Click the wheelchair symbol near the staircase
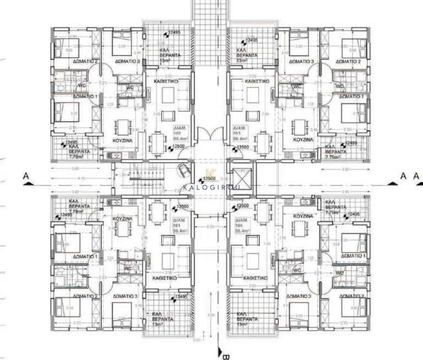point(183,171)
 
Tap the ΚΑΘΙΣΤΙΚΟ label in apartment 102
point(165,80)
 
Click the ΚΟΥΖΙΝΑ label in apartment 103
point(303,140)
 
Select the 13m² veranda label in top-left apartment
point(166,60)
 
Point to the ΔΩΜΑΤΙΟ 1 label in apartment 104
point(353,256)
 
